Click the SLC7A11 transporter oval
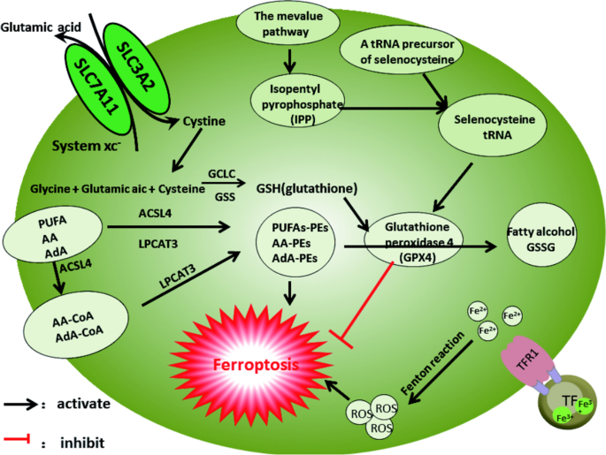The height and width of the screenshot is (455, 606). tap(96, 87)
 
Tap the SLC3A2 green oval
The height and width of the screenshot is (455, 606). tap(136, 68)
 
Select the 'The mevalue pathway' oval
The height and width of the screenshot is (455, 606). tap(288, 24)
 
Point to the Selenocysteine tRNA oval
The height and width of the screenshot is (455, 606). tap(493, 125)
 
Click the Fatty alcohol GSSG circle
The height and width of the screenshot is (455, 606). tap(541, 235)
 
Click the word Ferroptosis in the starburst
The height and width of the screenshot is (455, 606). tap(257, 365)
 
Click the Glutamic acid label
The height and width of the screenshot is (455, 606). tap(41, 27)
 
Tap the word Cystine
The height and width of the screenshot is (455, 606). tap(204, 122)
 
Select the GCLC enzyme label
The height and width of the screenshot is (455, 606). tap(221, 174)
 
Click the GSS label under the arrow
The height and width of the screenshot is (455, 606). tap(225, 197)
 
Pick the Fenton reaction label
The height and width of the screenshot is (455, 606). tap(433, 363)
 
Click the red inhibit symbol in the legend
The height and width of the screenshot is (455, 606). tap(17, 439)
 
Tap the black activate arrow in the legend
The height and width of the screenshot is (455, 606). tap(20, 405)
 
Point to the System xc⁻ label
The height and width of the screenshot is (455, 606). tap(86, 147)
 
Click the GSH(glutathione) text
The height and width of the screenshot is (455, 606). tap(307, 189)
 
